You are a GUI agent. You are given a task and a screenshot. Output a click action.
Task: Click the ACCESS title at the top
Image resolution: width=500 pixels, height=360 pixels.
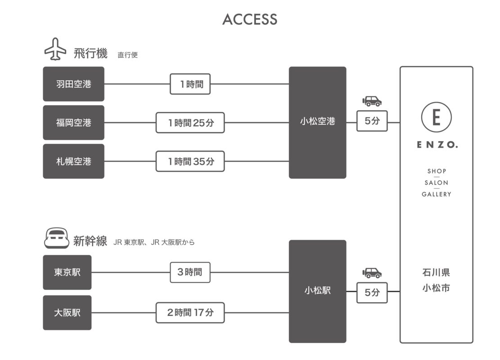(x=250, y=19)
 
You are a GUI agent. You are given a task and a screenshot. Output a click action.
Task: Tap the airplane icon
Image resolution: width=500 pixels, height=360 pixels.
(x=55, y=50)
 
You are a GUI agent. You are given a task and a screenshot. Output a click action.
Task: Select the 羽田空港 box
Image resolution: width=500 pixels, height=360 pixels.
(x=74, y=84)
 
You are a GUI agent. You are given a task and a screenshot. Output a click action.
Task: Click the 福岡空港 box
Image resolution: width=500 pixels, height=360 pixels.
(x=74, y=122)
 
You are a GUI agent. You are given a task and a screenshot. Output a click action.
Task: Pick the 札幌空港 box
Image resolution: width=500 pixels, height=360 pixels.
(x=74, y=161)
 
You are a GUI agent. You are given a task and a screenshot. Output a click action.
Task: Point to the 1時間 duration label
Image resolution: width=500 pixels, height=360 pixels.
(x=190, y=84)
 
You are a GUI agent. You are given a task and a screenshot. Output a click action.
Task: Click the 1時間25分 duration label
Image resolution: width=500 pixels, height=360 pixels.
(x=190, y=122)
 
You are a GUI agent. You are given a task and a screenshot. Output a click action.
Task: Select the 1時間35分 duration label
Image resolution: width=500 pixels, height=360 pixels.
(x=190, y=161)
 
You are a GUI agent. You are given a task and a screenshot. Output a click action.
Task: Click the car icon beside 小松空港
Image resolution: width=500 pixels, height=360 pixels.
(x=372, y=101)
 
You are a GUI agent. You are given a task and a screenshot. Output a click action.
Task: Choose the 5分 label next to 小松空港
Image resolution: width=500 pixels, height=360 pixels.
(x=372, y=121)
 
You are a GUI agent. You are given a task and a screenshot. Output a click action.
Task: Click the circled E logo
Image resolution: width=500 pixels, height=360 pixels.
(x=436, y=117)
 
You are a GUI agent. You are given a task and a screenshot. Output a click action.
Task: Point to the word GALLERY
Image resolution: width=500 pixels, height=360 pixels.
(x=436, y=194)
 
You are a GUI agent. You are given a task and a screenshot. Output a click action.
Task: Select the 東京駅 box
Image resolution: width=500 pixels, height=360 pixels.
(x=67, y=272)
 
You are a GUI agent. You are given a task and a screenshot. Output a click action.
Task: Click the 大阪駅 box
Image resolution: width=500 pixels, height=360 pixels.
(x=67, y=313)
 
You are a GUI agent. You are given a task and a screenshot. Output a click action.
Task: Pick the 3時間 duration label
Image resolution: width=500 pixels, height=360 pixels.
(x=190, y=272)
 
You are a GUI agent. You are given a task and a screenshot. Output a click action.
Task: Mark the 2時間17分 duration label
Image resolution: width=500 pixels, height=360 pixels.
(x=190, y=313)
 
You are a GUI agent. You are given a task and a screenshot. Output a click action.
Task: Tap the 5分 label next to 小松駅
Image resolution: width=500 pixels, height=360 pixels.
(x=372, y=292)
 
